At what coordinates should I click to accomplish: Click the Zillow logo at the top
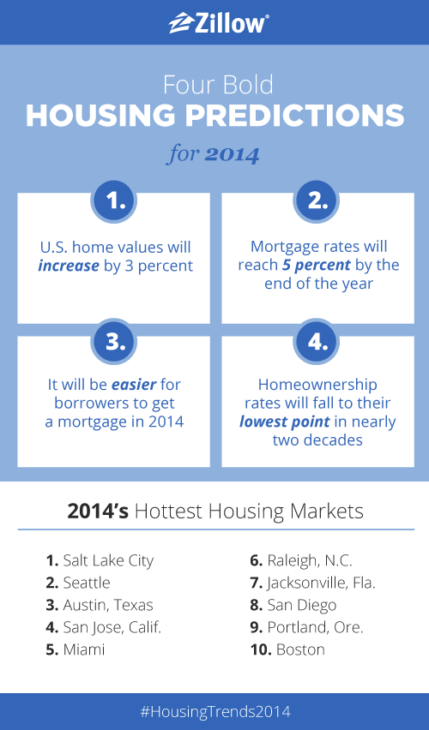[x=218, y=23]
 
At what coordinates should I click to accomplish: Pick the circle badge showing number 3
[x=113, y=342]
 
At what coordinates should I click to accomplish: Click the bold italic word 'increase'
[x=69, y=266]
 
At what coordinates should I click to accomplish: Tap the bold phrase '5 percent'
[x=316, y=265]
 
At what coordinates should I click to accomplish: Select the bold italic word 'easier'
[x=133, y=385]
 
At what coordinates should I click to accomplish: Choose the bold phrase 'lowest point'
[x=285, y=422]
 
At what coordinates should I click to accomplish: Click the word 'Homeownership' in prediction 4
[x=317, y=385]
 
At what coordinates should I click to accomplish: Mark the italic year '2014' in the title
[x=232, y=154]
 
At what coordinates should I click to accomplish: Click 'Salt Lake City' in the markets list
[x=108, y=560]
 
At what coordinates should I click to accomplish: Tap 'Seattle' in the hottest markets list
[x=87, y=583]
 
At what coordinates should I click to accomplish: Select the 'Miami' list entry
[x=84, y=649]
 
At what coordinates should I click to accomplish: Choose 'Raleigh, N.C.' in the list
[x=310, y=560]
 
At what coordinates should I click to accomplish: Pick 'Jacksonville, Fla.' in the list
[x=321, y=583]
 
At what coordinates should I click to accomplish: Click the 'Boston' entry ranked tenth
[x=300, y=649]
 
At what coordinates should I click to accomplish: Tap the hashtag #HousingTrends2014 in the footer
[x=215, y=711]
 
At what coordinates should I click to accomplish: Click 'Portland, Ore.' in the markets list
[x=315, y=627]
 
